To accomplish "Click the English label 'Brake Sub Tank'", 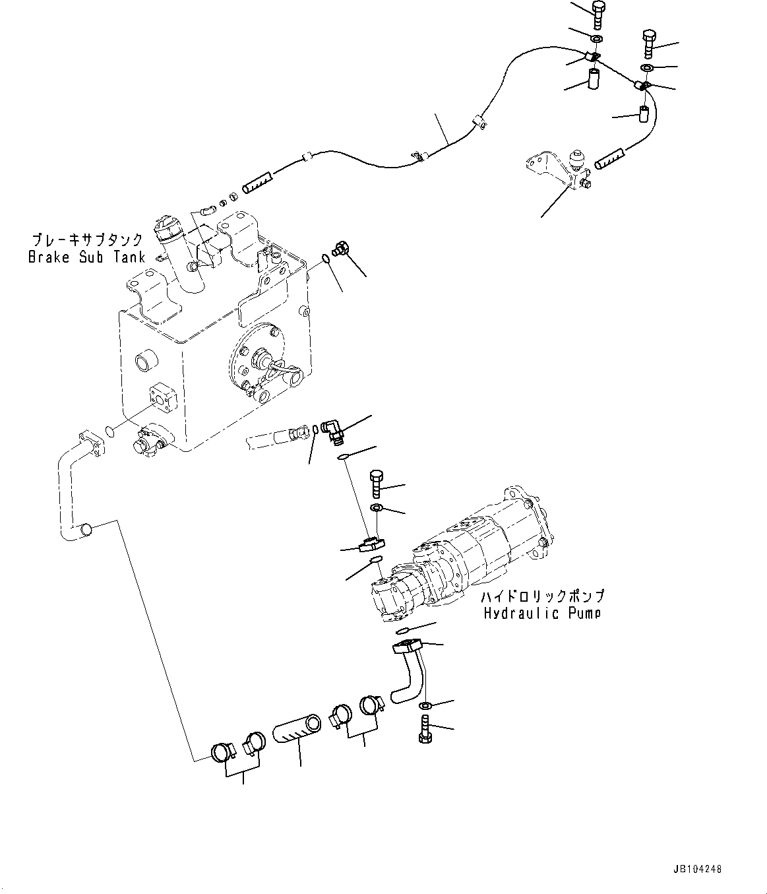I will [86, 257].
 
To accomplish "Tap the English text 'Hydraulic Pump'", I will [541, 614].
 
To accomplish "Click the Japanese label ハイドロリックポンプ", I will [542, 596].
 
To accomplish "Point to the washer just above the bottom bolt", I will [426, 707].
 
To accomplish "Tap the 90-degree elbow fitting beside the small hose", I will [332, 431].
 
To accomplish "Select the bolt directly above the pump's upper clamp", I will [377, 485].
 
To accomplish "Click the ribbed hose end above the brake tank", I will [258, 183].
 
